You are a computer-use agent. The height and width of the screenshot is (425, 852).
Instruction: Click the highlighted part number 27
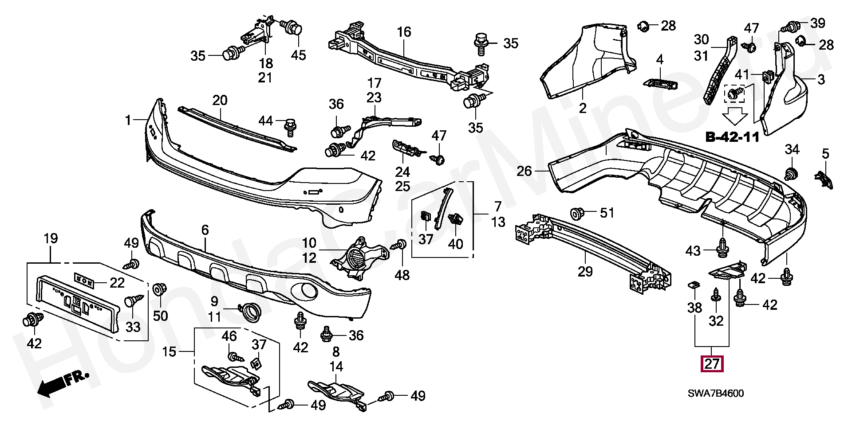coord(712,364)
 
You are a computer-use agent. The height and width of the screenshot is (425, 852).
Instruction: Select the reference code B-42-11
coord(733,137)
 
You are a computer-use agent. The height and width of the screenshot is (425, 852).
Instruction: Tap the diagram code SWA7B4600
coord(716,393)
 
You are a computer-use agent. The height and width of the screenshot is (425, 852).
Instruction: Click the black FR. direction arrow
coord(63,384)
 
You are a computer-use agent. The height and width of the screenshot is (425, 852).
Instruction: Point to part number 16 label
coord(404,32)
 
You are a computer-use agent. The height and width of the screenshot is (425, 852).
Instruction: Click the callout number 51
coord(607,213)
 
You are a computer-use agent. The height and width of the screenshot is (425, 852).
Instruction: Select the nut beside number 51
coord(577,214)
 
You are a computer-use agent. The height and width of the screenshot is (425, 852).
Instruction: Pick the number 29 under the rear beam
coord(585,271)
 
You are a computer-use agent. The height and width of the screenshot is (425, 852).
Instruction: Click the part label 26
coord(524,171)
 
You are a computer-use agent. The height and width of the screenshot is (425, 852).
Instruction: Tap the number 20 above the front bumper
coord(220,100)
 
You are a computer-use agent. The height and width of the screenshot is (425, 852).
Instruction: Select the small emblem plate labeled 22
coord(84,280)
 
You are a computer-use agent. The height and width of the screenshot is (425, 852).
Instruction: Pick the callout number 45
coord(298,55)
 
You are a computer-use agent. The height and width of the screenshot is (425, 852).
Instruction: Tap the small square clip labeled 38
coord(694,285)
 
